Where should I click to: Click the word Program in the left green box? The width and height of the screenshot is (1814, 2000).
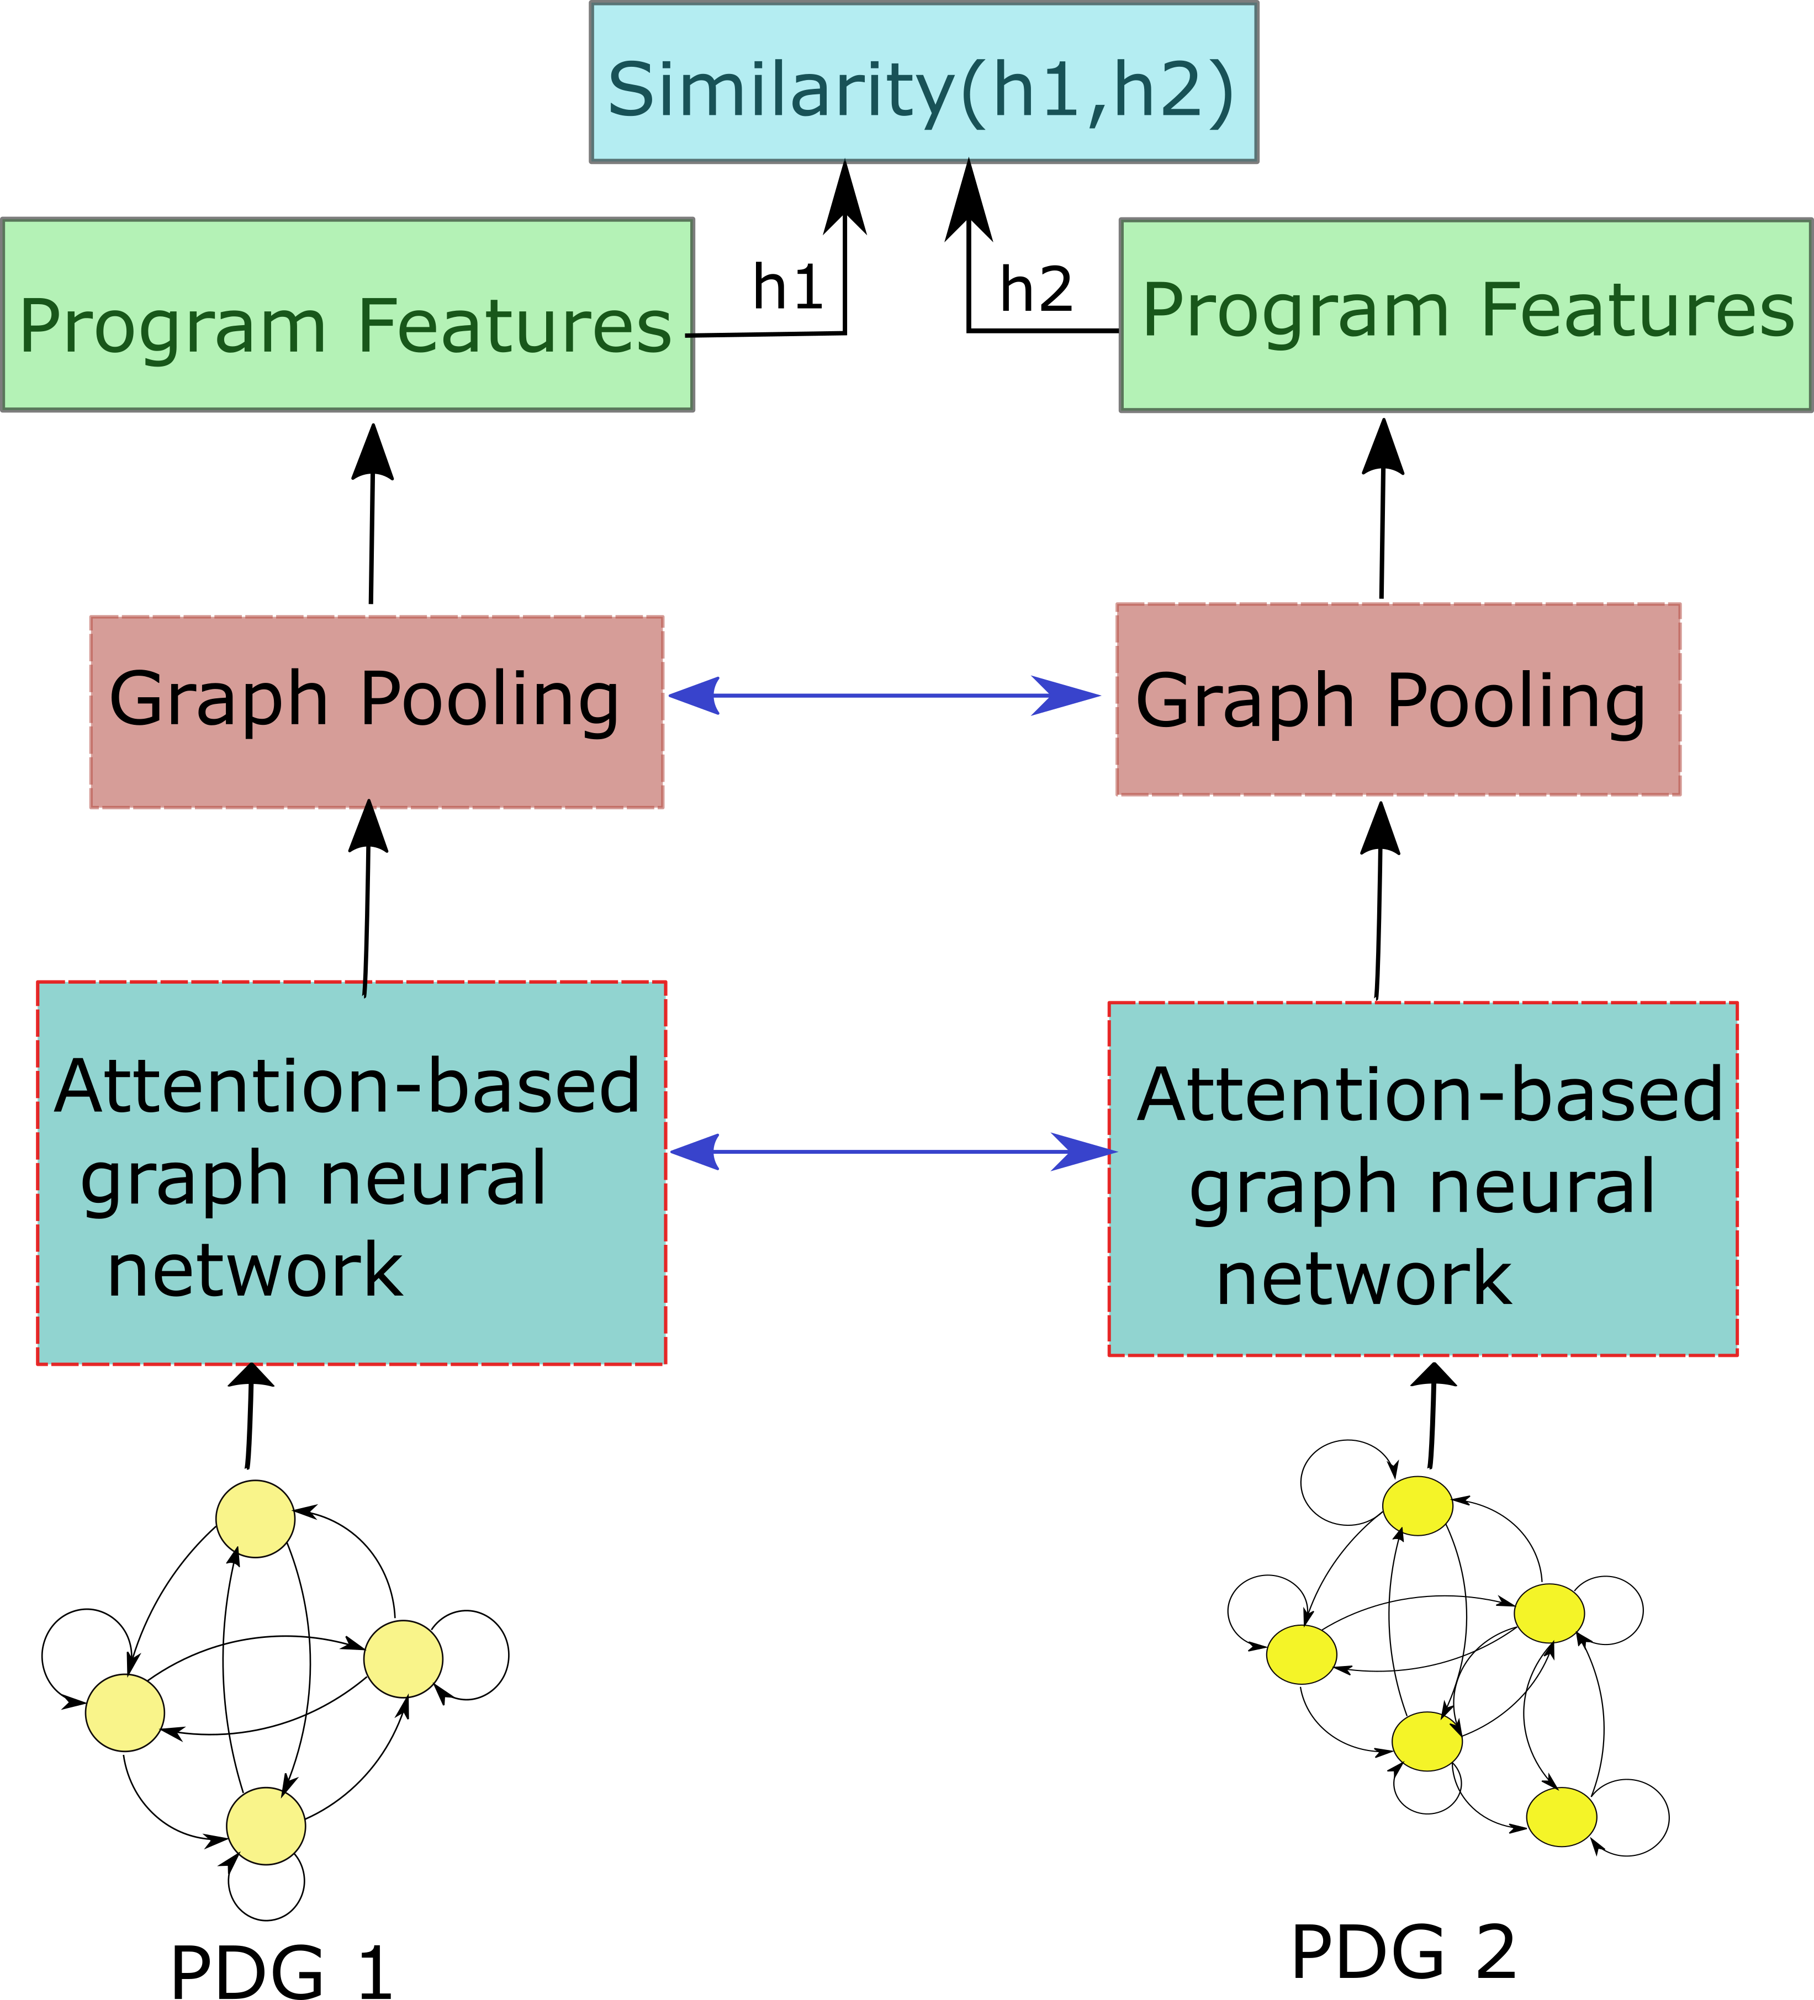(173, 327)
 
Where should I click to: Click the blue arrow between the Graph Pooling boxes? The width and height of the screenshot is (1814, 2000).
(883, 696)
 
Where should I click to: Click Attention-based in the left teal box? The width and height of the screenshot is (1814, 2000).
(347, 1086)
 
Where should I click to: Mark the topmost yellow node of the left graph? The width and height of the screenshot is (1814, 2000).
(255, 1519)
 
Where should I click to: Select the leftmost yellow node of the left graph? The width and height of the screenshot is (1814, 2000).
(125, 1712)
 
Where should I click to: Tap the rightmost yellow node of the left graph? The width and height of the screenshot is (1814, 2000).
(403, 1659)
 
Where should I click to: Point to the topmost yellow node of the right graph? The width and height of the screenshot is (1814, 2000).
(1417, 1506)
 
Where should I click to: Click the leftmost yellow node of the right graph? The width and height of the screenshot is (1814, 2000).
(1301, 1655)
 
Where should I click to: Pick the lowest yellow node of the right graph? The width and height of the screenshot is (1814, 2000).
(1561, 1817)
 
